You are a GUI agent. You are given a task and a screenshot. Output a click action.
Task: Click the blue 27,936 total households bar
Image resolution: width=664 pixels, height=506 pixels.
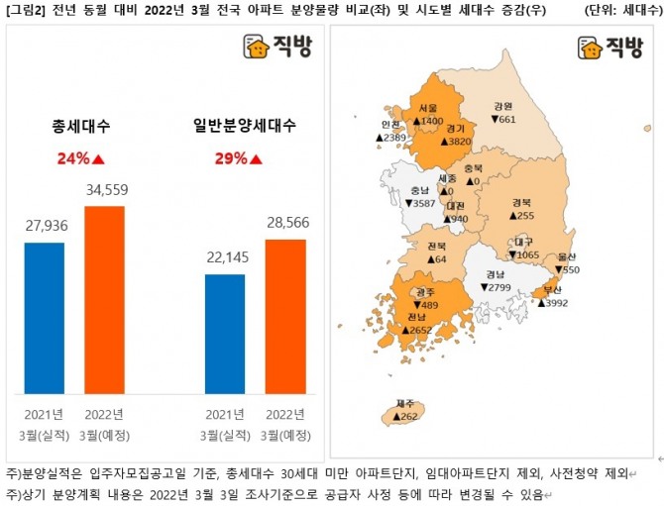tap(44, 317)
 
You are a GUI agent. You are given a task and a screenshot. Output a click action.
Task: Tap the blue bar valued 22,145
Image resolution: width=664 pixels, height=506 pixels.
tap(224, 334)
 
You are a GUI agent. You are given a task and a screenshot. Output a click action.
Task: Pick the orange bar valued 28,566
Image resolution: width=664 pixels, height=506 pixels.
tap(284, 316)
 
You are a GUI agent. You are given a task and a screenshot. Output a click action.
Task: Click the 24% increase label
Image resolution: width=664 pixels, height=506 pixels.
tap(81, 157)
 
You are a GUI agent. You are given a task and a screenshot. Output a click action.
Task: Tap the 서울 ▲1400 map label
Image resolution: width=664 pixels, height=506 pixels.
tap(428, 115)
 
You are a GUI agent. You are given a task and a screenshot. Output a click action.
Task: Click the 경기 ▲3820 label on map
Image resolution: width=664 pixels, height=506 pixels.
tap(456, 136)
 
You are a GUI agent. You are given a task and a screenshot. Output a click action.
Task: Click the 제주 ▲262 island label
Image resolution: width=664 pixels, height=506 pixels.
tap(405, 412)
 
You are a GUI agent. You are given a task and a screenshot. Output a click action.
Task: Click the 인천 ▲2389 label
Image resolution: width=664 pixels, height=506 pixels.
tap(390, 131)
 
